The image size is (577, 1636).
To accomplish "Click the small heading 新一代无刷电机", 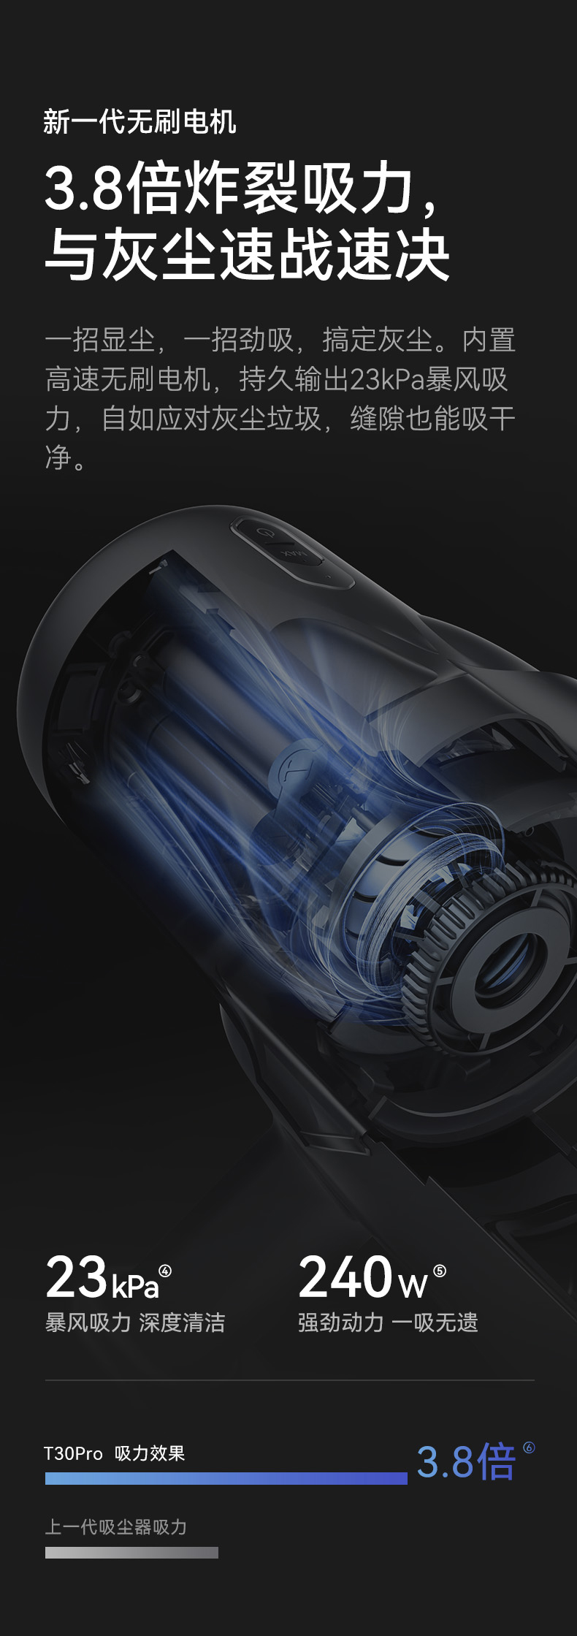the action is pyautogui.click(x=140, y=121).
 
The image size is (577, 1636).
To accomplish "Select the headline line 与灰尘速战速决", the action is pyautogui.click(x=247, y=254).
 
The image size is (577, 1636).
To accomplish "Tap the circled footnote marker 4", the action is pyautogui.click(x=165, y=1271).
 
